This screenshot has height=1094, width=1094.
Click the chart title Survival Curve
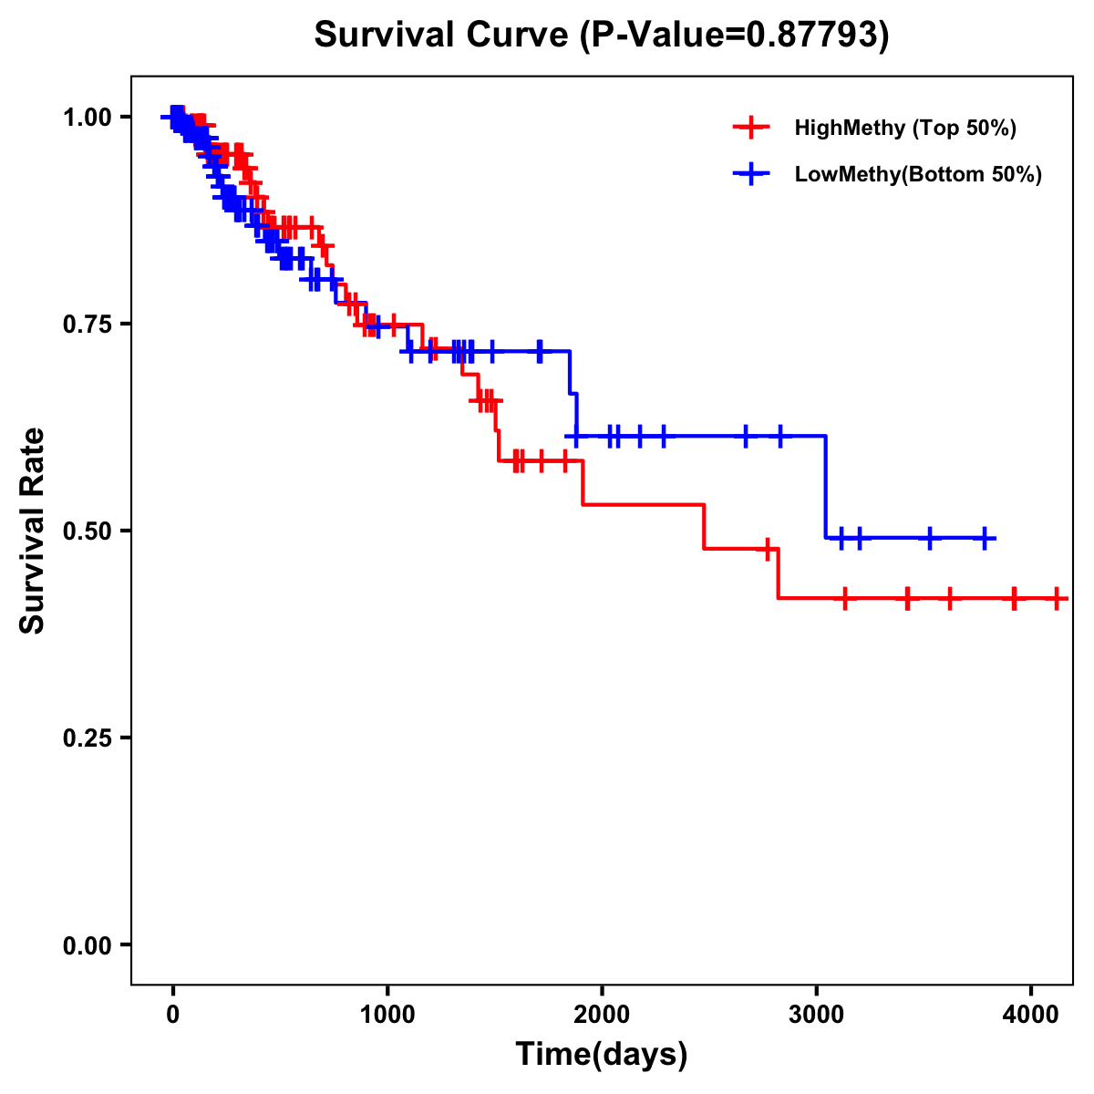pos(444,35)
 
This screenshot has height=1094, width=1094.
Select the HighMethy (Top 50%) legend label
pos(905,128)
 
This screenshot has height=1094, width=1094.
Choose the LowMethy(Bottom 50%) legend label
pos(918,174)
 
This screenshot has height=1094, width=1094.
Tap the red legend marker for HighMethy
pos(750,128)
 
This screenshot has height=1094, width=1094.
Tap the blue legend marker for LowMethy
pos(750,174)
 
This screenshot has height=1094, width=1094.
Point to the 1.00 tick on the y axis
pos(88,117)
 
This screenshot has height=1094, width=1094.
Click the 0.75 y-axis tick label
pos(88,324)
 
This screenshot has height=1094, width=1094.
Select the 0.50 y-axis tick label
pos(88,531)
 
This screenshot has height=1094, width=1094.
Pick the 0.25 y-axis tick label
pos(88,738)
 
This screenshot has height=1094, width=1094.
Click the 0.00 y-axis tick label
pos(88,944)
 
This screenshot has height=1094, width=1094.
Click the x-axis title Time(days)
pos(602,1054)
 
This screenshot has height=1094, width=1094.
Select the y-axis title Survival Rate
pos(33,531)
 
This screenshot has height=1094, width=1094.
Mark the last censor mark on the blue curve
pos(985,538)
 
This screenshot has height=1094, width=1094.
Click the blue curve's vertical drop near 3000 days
pos(826,488)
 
